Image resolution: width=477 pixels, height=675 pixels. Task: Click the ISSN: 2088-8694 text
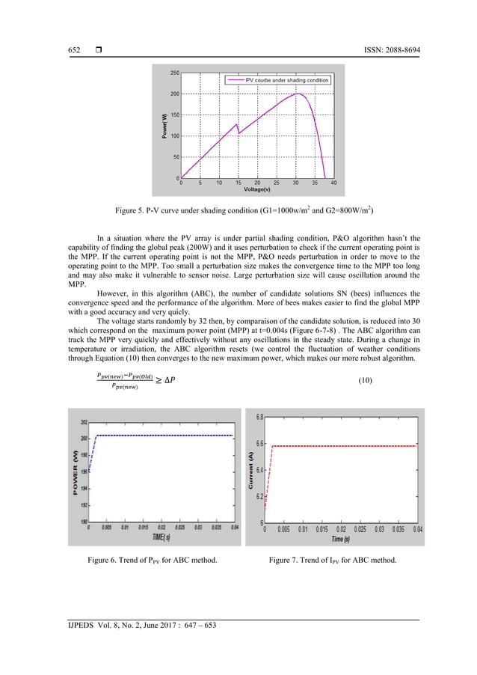tap(384, 49)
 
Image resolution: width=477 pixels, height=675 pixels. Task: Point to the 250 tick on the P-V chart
tap(173, 73)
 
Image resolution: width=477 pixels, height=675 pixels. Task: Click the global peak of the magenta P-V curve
tap(298, 94)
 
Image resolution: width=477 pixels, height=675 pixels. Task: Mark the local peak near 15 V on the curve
tap(236, 124)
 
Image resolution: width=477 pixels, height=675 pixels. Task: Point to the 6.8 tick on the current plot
tap(258, 417)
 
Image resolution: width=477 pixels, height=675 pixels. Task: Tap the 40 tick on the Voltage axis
tap(333, 182)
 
